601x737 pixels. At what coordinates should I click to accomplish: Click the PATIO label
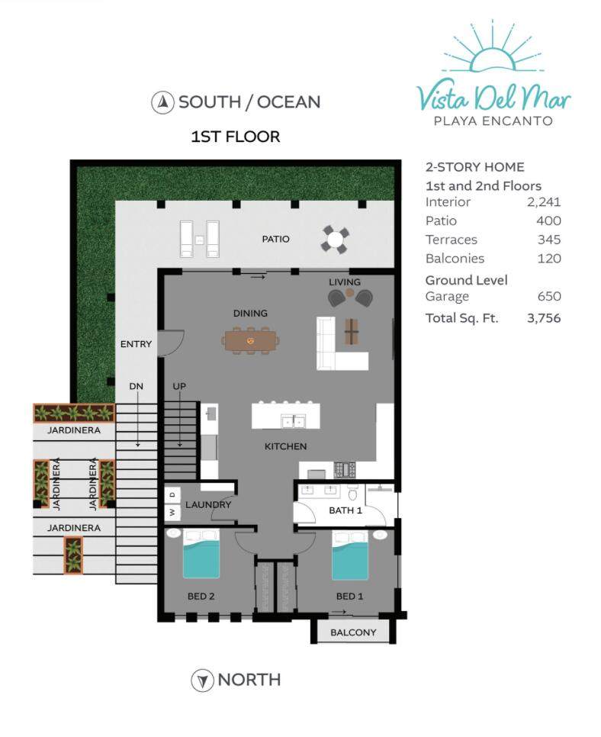point(275,239)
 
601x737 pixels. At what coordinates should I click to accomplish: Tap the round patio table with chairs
point(335,240)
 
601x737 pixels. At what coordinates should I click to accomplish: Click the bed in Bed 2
point(201,553)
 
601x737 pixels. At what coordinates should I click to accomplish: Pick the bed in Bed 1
point(350,555)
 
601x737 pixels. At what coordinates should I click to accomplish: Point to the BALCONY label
point(353,632)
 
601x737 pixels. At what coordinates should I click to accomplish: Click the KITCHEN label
point(285,446)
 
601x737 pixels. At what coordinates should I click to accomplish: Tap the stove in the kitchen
point(345,469)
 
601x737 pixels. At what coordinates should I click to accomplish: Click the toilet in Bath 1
point(353,493)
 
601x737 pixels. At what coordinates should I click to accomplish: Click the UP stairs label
point(179,386)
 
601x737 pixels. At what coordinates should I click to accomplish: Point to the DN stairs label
point(136,386)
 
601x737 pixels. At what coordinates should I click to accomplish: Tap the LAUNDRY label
point(208,505)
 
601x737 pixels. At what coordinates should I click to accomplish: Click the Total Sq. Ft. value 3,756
point(544,318)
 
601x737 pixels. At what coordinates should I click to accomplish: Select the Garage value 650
point(549,296)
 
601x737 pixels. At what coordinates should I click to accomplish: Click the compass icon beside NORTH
point(203,680)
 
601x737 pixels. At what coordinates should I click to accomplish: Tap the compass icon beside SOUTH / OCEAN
point(162,102)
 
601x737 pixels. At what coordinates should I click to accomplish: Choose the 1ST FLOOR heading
point(236,137)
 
